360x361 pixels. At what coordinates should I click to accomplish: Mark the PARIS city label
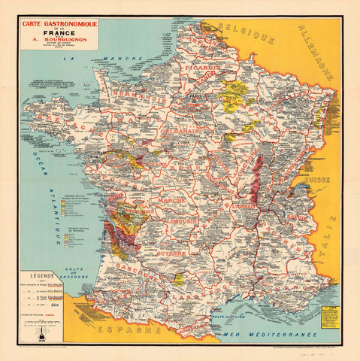point(197,98)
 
